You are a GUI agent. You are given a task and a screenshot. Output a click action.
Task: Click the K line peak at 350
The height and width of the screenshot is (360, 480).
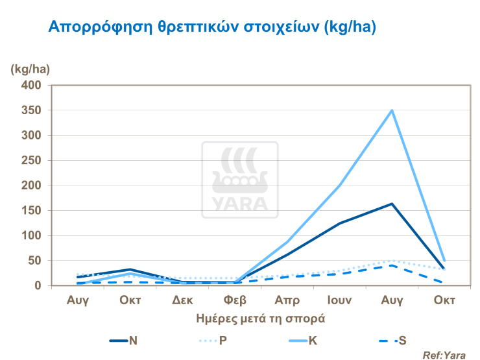pos(392,110)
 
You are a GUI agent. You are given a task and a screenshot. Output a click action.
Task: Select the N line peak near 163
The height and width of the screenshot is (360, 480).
pos(392,204)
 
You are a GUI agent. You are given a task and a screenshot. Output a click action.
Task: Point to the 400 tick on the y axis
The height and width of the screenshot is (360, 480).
pos(32,86)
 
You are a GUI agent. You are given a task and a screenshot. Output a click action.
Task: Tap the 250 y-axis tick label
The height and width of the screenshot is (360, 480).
pos(32,161)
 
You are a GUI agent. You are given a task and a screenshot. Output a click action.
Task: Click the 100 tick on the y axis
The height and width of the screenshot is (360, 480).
pos(32,236)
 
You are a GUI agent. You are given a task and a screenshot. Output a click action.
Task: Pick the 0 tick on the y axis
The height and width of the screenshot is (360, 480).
pos(38,286)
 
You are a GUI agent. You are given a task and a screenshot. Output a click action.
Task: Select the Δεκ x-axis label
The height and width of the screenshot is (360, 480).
pos(182,301)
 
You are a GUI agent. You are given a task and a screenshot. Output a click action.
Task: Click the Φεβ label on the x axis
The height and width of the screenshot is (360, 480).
pos(235,301)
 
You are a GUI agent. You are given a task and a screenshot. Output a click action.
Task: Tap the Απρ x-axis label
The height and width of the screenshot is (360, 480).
pos(287,301)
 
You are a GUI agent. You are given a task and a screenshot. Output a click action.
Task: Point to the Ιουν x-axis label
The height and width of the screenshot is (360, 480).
pos(339,301)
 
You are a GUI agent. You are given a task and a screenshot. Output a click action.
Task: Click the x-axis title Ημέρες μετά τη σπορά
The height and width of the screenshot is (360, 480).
pos(259,319)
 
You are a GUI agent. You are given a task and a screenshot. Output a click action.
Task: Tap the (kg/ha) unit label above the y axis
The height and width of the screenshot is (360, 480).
pos(30,69)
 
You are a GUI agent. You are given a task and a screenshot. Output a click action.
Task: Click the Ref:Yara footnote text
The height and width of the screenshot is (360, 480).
pos(444,355)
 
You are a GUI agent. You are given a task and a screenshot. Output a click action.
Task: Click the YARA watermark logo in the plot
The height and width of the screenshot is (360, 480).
pos(239,180)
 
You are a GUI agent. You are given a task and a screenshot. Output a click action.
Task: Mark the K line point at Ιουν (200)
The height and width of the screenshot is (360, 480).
pos(339,186)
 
